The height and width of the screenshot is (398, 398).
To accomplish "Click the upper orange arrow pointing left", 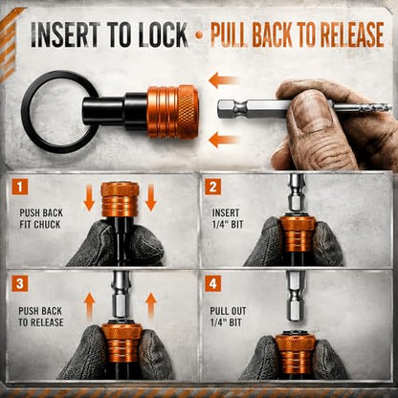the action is (224, 80).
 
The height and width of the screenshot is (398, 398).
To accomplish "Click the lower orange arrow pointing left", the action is (224, 140).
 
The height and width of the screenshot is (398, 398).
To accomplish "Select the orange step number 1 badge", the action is (20, 187).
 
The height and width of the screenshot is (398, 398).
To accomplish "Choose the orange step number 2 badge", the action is (212, 187).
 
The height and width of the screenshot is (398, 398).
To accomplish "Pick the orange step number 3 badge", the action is (20, 284).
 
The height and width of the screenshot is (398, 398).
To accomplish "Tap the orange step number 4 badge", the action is (212, 284).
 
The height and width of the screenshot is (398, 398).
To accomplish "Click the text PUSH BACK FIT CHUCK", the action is (41, 219).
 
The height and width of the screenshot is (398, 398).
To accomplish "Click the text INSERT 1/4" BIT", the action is (228, 218).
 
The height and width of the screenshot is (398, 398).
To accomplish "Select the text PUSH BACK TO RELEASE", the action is (40, 317).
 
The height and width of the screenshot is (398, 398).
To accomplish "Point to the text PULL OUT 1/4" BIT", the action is (228, 317).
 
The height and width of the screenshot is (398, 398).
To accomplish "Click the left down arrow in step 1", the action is (89, 198).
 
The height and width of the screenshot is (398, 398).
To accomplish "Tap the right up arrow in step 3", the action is (151, 306).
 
